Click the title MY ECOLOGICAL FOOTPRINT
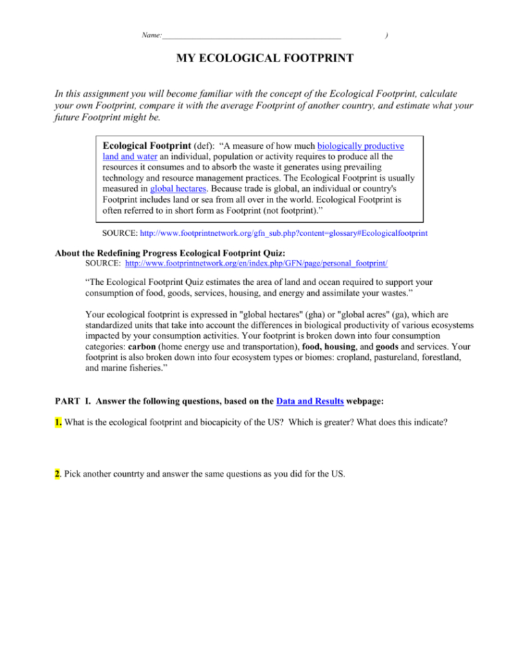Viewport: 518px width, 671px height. pyautogui.click(x=266, y=59)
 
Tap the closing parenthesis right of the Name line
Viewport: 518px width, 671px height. pyautogui.click(x=386, y=34)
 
